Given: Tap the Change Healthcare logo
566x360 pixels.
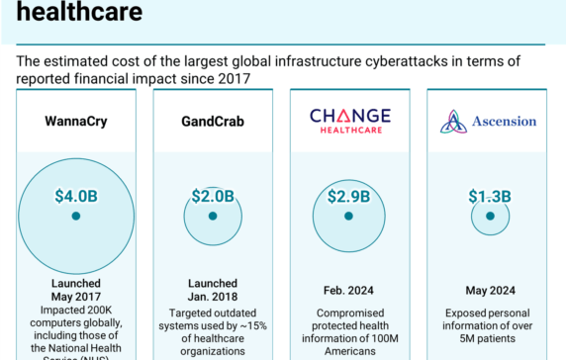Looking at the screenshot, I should (349, 121).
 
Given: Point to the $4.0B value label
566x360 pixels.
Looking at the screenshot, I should (75, 195).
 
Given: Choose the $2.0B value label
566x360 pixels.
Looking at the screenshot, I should (213, 195).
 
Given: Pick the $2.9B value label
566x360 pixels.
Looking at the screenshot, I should (348, 195).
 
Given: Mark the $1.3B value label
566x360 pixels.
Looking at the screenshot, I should (488, 195).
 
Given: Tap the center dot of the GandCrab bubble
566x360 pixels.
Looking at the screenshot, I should (213, 215).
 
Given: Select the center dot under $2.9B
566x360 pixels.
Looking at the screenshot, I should (348, 215).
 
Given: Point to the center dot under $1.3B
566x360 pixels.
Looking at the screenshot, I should (488, 215).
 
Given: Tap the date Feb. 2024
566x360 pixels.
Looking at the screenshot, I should (349, 291).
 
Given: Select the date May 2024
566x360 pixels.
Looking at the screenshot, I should (488, 291).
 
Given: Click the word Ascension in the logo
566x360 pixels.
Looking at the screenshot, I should (502, 122).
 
